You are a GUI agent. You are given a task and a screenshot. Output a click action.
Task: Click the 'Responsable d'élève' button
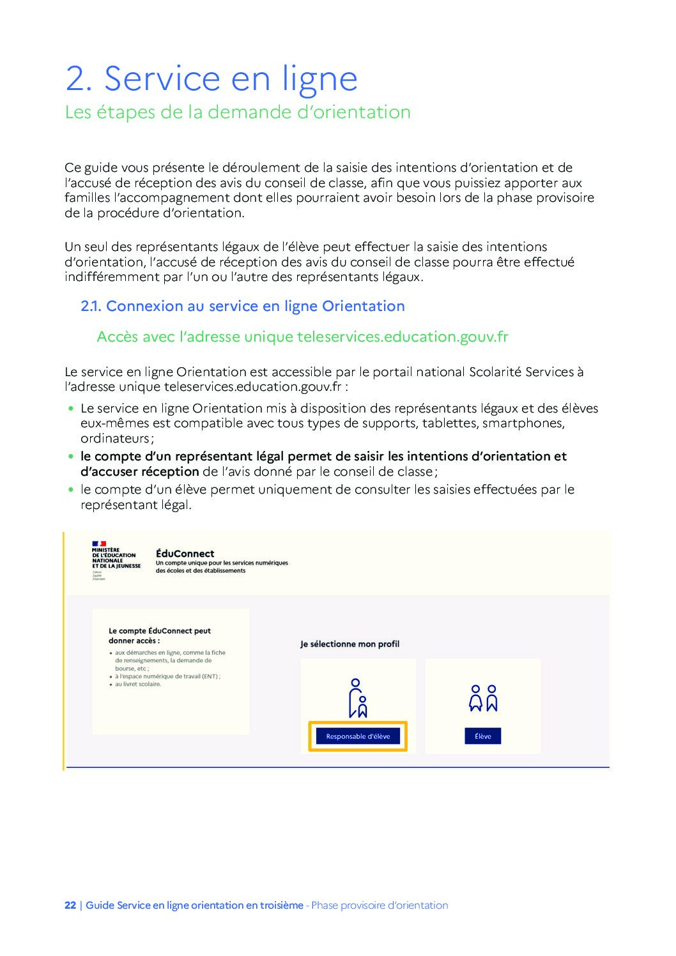[358, 736]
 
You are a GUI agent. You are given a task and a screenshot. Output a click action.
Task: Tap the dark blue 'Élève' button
[482, 736]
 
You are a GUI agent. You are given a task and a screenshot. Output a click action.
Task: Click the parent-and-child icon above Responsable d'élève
[358, 699]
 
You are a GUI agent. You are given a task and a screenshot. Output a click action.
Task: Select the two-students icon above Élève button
[483, 699]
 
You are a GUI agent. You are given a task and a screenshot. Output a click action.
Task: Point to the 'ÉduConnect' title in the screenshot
[185, 554]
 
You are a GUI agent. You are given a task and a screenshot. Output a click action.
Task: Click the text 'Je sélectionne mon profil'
[350, 644]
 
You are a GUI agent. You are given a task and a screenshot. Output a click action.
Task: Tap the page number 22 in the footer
[70, 905]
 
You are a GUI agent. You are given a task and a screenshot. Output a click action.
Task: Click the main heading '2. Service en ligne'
[211, 79]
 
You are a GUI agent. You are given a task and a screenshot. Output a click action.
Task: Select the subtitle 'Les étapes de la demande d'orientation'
[238, 112]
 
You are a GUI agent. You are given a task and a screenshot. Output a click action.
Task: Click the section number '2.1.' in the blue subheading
[91, 307]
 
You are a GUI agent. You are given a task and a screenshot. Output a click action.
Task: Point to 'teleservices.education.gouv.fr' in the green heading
[403, 337]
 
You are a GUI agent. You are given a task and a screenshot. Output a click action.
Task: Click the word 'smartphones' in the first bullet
[523, 423]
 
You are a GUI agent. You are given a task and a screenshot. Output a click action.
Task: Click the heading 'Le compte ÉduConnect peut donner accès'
[160, 635]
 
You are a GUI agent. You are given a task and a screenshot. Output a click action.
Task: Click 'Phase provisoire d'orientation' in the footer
[380, 905]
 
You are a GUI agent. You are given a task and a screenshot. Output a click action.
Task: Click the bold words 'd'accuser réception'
[139, 471]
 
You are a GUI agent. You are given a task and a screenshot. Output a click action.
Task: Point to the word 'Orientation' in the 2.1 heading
[363, 307]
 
